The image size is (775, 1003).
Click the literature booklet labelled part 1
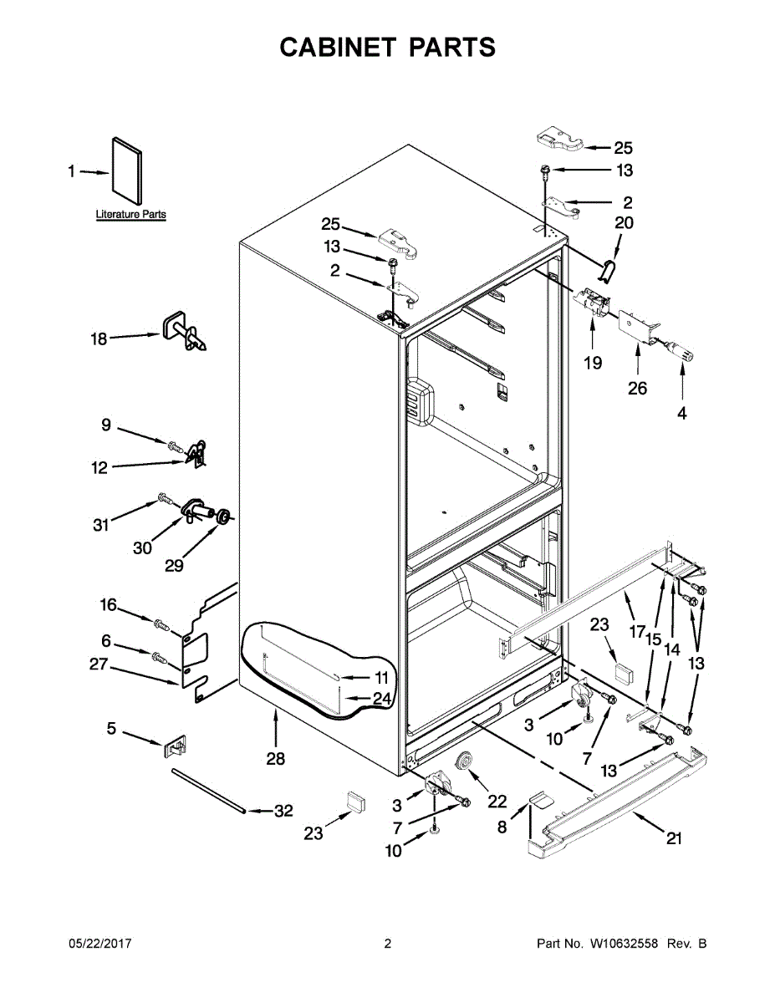tap(126, 172)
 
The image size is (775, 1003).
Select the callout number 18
tap(99, 339)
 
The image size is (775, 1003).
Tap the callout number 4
tap(682, 412)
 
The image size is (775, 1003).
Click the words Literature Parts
tap(130, 215)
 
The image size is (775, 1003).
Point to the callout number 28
tap(275, 759)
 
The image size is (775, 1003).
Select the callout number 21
tap(674, 838)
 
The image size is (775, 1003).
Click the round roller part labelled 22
tap(461, 762)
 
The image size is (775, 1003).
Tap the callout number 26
tap(638, 388)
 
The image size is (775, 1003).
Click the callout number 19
tap(593, 364)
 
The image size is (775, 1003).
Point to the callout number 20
tap(624, 223)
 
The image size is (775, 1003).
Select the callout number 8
tap(502, 827)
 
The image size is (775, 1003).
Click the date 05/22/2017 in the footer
tap(99, 944)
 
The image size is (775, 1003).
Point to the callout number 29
tap(174, 566)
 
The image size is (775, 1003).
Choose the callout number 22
tap(497, 801)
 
